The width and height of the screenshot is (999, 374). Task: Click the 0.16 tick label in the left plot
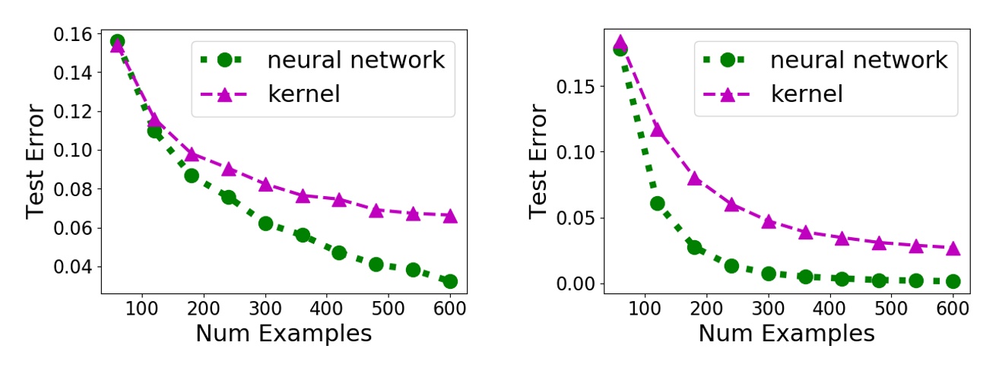[71, 34]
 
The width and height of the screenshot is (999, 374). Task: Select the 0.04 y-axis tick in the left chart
[71, 267]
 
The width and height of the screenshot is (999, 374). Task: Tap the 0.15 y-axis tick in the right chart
[574, 86]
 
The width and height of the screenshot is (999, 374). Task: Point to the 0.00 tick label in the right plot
[574, 284]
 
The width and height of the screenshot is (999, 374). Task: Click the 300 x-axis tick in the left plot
[265, 310]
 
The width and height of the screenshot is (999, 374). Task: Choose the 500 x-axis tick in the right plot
[890, 310]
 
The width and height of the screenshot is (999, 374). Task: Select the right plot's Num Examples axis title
[786, 334]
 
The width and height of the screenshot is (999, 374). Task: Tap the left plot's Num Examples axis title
[284, 334]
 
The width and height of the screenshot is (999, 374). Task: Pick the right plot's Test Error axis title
[539, 162]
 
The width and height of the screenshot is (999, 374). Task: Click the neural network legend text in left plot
[356, 60]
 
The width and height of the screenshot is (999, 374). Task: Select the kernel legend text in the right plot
[807, 93]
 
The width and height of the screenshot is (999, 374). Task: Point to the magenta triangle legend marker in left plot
[225, 93]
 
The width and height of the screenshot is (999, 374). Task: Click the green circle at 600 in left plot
[450, 281]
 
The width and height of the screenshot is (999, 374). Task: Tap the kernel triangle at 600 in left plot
[450, 217]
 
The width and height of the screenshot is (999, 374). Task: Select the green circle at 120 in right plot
[658, 204]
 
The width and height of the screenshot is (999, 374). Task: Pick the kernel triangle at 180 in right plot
[694, 179]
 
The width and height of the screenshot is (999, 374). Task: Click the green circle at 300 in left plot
[265, 223]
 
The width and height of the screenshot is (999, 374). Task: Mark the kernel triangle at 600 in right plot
[953, 249]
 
